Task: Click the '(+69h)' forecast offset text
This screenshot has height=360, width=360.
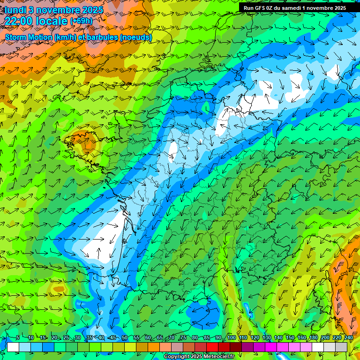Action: [x=81, y=21]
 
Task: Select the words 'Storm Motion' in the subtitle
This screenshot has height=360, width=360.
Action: [x=29, y=37]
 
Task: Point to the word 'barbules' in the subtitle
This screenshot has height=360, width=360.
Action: [x=99, y=37]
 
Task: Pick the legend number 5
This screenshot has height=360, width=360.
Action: [x=18, y=338]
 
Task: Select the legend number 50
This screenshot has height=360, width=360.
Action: [x=125, y=338]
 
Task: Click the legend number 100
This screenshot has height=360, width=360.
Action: [x=231, y=338]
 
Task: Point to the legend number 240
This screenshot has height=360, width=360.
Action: [x=348, y=338]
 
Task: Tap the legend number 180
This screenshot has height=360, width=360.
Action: [x=313, y=338]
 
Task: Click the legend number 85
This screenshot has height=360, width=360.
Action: [x=207, y=338]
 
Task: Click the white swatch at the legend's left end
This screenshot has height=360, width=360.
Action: [x=13, y=347]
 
